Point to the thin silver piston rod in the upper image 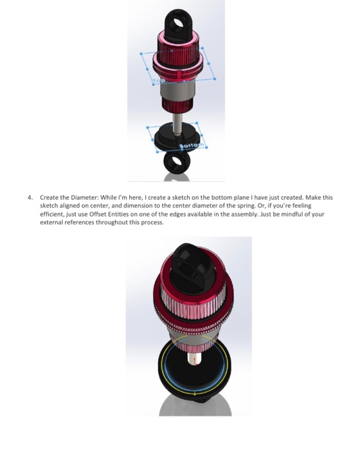(x=175, y=114)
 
